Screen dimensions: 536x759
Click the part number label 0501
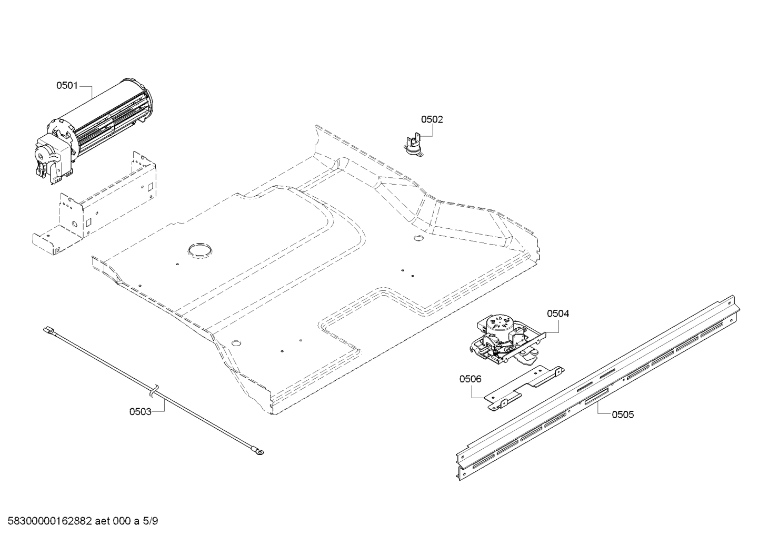click(x=67, y=85)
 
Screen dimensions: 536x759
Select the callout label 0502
click(x=432, y=119)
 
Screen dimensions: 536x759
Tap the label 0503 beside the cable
click(x=140, y=412)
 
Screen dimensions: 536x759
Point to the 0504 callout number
click(x=558, y=314)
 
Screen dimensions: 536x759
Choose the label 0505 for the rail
click(x=623, y=415)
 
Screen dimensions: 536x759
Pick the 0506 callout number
click(x=470, y=379)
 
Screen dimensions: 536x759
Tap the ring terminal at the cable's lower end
click(x=259, y=451)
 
